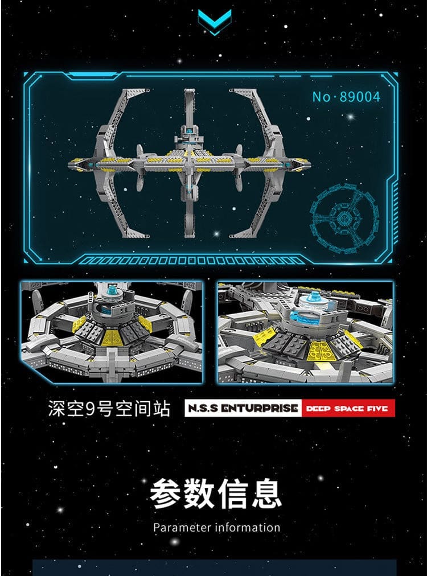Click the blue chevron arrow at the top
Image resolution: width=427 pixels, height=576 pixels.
pos(215,21)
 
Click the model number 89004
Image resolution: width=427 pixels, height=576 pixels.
pos(360,97)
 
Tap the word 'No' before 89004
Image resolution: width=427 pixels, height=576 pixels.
pos(322,97)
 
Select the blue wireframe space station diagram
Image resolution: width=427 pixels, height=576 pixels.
pos(343,218)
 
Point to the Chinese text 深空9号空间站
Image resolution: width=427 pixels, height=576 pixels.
pos(109,409)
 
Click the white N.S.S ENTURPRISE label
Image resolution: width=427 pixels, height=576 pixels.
pos(243,408)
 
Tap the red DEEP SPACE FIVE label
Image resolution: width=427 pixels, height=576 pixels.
pos(348,408)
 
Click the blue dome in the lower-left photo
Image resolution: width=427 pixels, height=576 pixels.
pos(112,291)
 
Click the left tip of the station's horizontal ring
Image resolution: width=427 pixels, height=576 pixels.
pos(69,164)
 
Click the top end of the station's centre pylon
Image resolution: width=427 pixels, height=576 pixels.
pos(190,89)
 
